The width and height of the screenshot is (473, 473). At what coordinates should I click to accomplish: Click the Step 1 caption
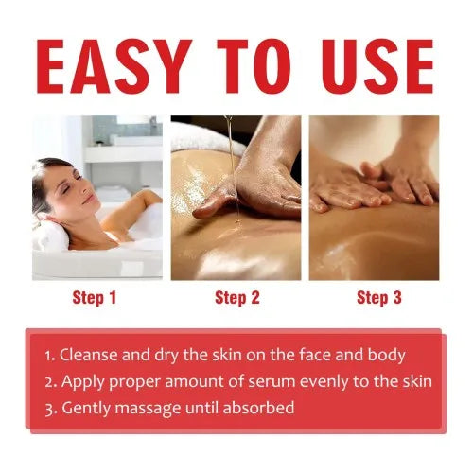point(95,298)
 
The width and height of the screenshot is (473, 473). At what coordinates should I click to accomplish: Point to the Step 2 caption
point(236,298)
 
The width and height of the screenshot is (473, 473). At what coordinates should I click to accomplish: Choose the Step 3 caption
point(378,298)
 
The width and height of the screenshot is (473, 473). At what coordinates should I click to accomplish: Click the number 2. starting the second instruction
point(49,382)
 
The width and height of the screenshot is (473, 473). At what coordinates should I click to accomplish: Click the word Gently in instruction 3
point(84,408)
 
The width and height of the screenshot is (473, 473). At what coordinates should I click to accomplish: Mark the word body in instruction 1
point(385,356)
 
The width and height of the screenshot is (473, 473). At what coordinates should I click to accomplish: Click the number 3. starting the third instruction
point(49,408)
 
